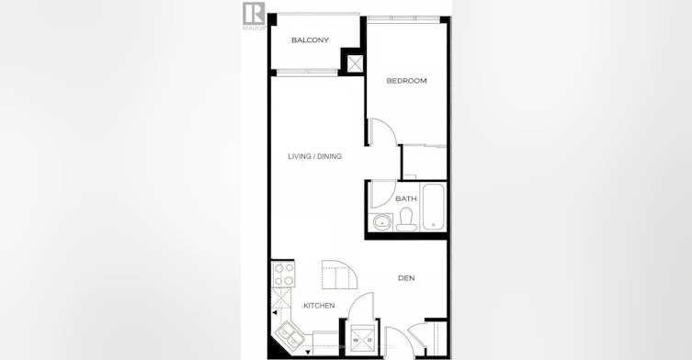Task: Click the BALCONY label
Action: click(310, 40)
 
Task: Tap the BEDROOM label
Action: click(406, 81)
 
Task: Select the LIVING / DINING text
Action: click(314, 156)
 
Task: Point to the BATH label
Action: click(406, 198)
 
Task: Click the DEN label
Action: click(406, 278)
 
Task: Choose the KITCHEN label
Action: click(319, 305)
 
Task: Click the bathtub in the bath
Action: click(434, 207)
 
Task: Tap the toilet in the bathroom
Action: click(406, 219)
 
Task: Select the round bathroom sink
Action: click(381, 222)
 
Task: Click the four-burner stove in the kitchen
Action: click(283, 275)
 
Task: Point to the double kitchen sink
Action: click(290, 335)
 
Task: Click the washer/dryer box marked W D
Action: click(362, 340)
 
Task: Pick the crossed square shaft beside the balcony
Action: click(355, 63)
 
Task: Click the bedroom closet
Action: click(425, 162)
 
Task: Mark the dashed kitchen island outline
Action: click(339, 275)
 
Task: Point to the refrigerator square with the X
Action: click(281, 298)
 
